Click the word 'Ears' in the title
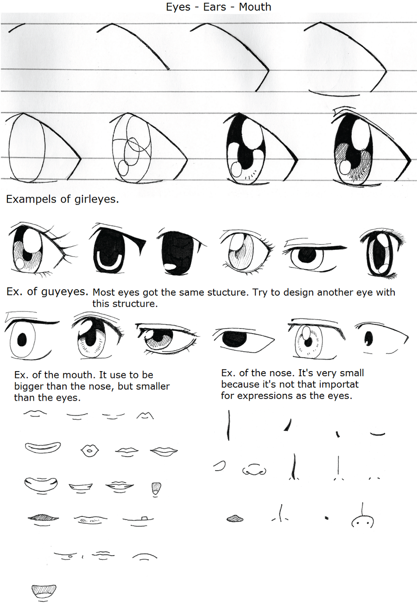(x=215, y=7)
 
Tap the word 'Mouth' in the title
(x=255, y=7)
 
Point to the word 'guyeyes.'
(x=65, y=292)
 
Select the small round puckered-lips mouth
(x=90, y=451)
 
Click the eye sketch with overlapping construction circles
(x=149, y=149)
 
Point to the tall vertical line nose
(x=229, y=425)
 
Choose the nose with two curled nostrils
(x=254, y=470)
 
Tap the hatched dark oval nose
(x=235, y=519)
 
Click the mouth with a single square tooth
(x=138, y=519)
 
